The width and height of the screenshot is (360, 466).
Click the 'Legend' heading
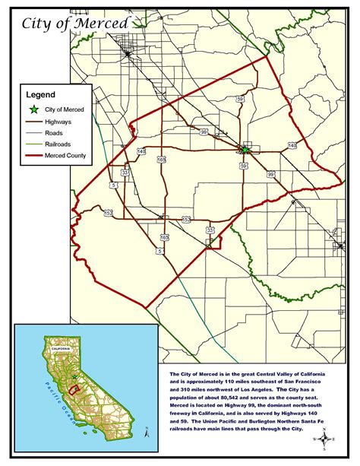[42, 95]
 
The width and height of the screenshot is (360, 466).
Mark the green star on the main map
[245, 150]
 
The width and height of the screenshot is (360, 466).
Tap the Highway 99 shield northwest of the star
[204, 132]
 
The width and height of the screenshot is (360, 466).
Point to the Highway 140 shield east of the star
[292, 145]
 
